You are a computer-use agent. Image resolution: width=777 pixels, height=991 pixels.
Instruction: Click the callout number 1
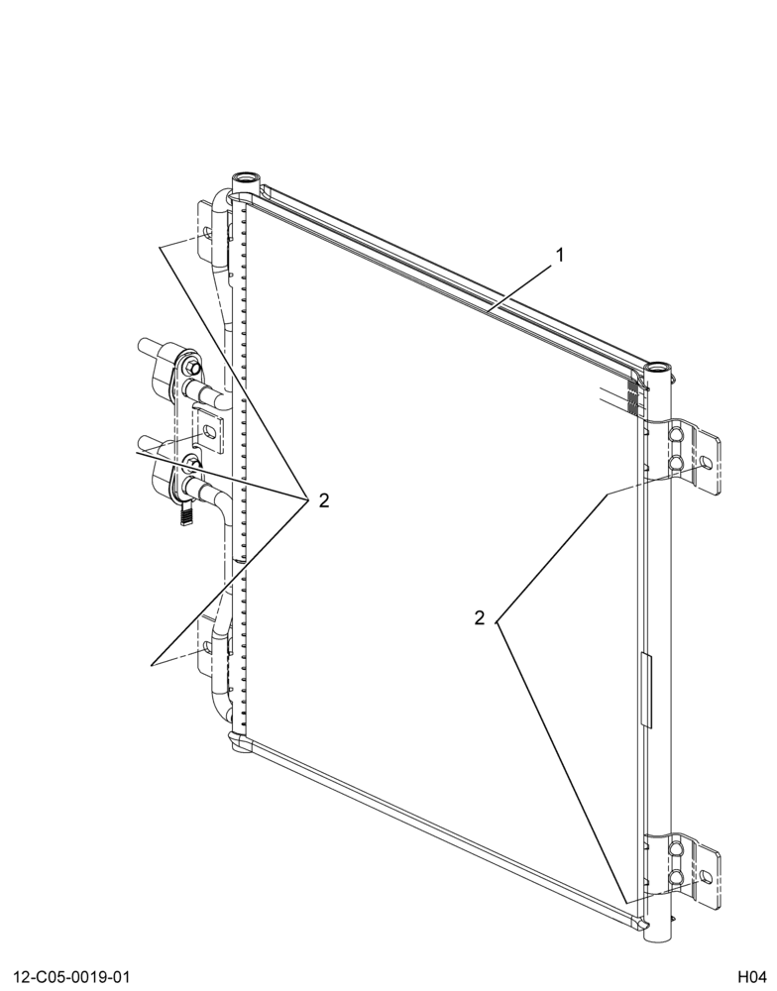click(x=559, y=255)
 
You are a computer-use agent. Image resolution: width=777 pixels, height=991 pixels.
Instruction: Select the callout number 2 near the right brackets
click(x=480, y=617)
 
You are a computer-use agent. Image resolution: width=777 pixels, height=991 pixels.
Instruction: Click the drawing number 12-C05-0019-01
click(x=70, y=977)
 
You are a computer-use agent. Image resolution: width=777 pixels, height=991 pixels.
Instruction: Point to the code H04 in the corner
click(x=751, y=977)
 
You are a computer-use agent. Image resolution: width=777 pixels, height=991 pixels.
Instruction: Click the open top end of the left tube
click(x=246, y=177)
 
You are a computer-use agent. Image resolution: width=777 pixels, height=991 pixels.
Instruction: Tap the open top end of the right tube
click(x=657, y=367)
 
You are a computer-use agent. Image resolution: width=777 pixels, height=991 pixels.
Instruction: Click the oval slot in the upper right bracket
click(x=707, y=463)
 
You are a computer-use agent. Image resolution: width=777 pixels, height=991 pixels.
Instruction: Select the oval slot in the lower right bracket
click(x=707, y=876)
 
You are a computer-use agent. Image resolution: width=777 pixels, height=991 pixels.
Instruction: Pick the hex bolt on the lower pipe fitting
click(x=192, y=467)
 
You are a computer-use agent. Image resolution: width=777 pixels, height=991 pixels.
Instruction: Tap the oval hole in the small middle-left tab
click(x=208, y=432)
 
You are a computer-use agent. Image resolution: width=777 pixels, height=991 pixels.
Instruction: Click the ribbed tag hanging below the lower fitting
click(x=186, y=511)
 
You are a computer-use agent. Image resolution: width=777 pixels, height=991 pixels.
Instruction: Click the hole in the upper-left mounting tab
click(x=206, y=238)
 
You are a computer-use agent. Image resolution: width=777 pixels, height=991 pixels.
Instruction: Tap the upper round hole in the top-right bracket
click(x=675, y=435)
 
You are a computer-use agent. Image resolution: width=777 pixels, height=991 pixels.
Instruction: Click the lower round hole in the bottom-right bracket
click(x=675, y=877)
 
